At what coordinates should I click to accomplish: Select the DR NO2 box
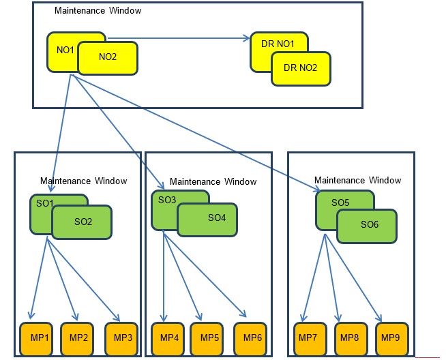(x=301, y=69)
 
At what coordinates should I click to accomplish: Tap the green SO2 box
(x=82, y=222)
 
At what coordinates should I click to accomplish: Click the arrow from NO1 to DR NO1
(x=177, y=40)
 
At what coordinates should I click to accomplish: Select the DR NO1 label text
(x=278, y=44)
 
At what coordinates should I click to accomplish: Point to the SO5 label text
(x=340, y=202)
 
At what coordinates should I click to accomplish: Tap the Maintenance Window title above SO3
(x=213, y=181)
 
